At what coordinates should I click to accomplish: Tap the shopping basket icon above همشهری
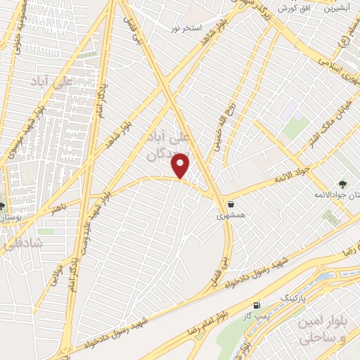(x=231, y=204)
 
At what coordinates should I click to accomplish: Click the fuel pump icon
(x=257, y=305)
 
